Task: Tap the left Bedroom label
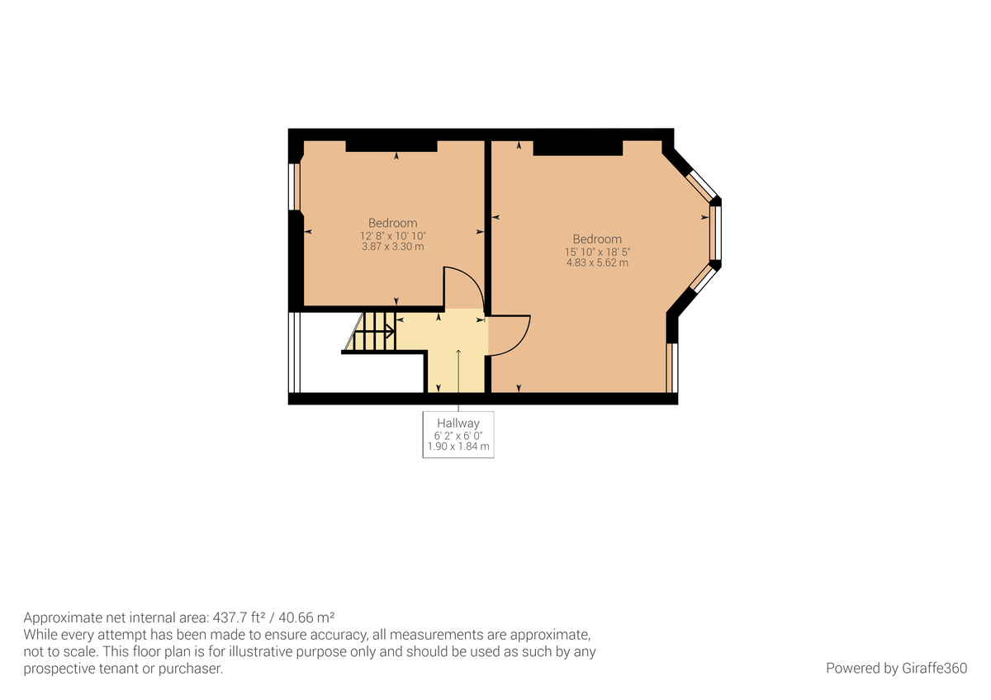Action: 392,223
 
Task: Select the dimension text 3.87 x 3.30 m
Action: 392,246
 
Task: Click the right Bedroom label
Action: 596,239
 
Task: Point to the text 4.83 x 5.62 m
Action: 596,262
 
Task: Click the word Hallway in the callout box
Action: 458,423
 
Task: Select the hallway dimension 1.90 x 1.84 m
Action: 458,447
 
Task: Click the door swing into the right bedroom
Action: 508,334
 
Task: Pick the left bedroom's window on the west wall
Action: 292,186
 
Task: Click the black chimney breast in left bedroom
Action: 391,146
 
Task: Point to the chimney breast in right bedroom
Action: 577,148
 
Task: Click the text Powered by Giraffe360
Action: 895,668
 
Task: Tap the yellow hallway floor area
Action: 458,363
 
